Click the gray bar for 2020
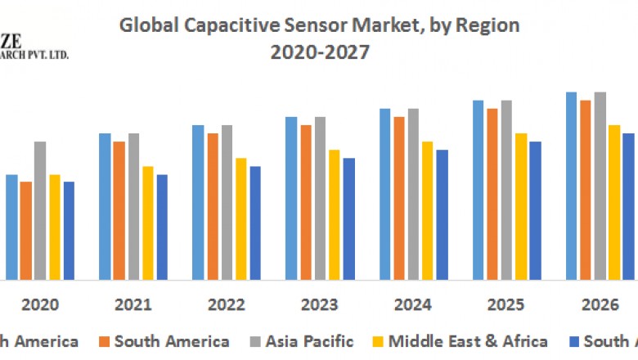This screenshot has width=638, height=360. [x=40, y=210]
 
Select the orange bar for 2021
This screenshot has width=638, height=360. [x=119, y=210]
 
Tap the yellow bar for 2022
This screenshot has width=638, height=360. [x=240, y=218]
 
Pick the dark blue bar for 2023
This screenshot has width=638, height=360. [x=348, y=218]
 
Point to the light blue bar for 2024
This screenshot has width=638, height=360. [x=384, y=194]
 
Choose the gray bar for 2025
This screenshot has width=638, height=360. [x=506, y=190]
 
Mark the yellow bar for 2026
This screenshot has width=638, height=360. [x=613, y=202]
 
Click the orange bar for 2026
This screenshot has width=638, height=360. [x=586, y=190]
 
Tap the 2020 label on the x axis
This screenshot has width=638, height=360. [x=39, y=305]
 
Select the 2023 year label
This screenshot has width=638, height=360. [x=319, y=305]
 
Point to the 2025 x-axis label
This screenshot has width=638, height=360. [x=505, y=305]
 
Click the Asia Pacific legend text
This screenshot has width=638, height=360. [x=315, y=341]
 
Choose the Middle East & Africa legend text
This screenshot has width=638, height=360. [x=469, y=341]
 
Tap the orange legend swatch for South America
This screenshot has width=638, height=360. [x=103, y=342]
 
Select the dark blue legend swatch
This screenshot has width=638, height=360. [x=573, y=342]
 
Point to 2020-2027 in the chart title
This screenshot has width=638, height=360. [x=319, y=52]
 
